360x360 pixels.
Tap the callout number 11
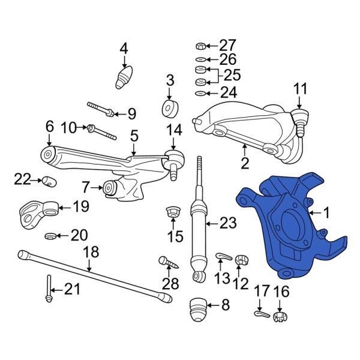click(300, 91)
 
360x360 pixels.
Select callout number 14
click(173, 130)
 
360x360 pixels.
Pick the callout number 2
click(244, 163)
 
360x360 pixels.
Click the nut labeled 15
click(173, 212)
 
